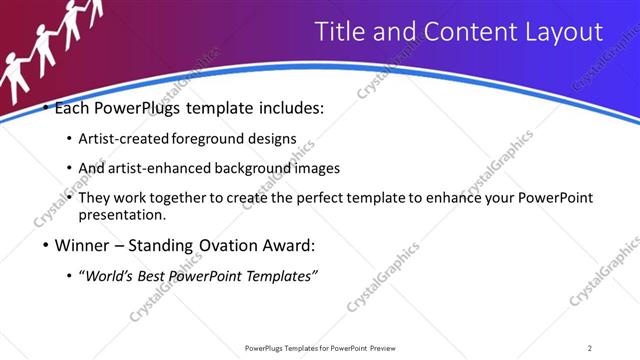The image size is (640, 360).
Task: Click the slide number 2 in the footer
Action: (x=590, y=348)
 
